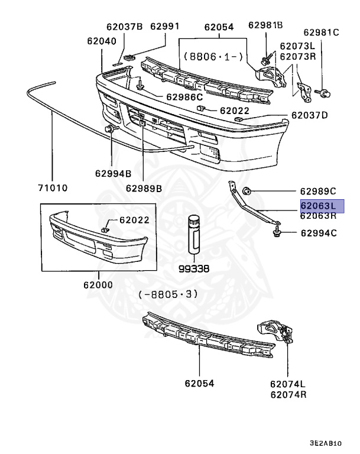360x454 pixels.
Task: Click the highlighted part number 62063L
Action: [x=318, y=206]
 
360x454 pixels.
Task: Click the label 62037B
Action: [x=124, y=27]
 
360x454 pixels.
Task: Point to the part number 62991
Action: [x=164, y=27]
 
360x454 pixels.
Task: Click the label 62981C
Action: [x=322, y=33]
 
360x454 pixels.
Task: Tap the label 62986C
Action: [x=184, y=96]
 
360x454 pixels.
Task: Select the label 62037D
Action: [x=309, y=115]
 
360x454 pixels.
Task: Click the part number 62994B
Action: [x=112, y=174]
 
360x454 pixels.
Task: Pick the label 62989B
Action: [x=144, y=188]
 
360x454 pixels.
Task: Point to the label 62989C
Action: [x=317, y=191]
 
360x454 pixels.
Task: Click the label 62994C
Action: [x=318, y=233]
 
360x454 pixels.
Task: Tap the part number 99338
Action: [x=194, y=268]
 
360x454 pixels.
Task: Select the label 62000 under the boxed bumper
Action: [x=98, y=284]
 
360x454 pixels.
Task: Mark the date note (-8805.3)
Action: [x=168, y=294]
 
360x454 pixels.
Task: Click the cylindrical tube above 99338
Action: [x=194, y=235]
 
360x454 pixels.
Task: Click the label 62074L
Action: [x=288, y=384]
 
